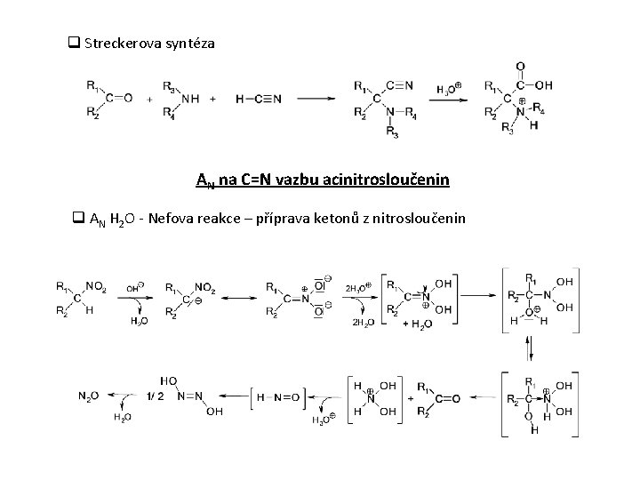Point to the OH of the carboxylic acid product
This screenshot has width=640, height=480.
(543, 85)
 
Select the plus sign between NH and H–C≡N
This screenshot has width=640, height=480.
(213, 100)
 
